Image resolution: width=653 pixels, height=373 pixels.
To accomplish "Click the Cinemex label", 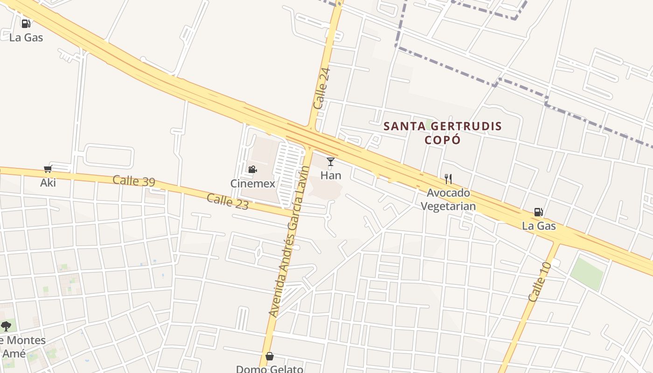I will coord(253,184).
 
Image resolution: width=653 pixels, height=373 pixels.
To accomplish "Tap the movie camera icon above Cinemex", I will coord(252,169).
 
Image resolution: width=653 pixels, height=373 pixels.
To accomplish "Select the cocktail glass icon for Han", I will coord(331,162).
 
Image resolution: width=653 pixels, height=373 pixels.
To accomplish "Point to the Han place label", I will coord(331,176).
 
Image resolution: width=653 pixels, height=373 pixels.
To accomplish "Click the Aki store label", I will coord(48,183).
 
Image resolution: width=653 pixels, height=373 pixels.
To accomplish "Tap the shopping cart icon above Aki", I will coord(48,169).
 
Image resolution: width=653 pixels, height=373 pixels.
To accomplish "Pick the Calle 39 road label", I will coord(134,181).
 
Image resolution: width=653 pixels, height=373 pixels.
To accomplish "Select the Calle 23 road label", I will coord(227,201).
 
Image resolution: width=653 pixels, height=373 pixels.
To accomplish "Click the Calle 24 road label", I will coord(322,89).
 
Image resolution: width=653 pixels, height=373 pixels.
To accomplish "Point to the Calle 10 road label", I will coord(540,282).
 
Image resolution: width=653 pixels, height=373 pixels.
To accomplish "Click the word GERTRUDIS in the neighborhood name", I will coord(465,126).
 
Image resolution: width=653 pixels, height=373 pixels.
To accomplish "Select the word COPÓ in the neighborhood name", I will coord(442,140).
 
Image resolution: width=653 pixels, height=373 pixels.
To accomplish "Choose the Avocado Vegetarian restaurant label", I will coord(448,200).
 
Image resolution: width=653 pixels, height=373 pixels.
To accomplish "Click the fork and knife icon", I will coord(448,179).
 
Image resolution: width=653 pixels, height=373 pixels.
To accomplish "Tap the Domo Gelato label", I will coord(270,369).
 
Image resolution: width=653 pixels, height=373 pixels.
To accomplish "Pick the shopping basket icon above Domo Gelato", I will coord(270,357).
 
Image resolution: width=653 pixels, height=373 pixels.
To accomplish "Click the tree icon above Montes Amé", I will coord(6,326).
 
